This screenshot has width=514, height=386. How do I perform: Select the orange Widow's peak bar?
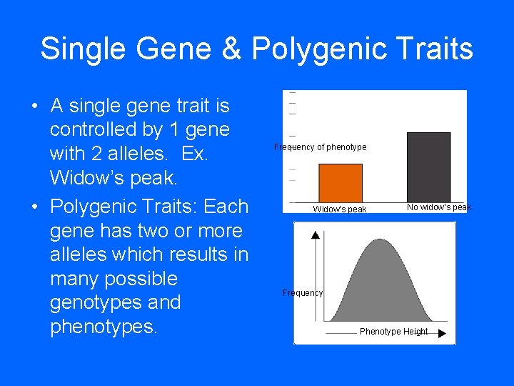click(340, 183)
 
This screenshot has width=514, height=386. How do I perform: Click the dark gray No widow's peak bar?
click(428, 167)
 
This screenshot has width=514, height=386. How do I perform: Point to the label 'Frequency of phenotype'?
click(321, 147)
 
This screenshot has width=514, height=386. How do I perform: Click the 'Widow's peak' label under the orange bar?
click(340, 209)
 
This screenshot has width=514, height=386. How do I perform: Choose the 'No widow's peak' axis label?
click(438, 207)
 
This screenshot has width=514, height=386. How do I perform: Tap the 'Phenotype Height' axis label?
click(393, 332)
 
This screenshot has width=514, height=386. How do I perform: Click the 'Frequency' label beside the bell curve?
click(303, 293)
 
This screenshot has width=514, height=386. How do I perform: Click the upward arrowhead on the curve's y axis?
click(316, 234)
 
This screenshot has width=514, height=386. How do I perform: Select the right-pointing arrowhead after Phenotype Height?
click(442, 333)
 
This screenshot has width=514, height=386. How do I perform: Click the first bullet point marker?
click(35, 107)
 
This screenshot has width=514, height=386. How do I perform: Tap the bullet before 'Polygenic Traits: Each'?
click(35, 207)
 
